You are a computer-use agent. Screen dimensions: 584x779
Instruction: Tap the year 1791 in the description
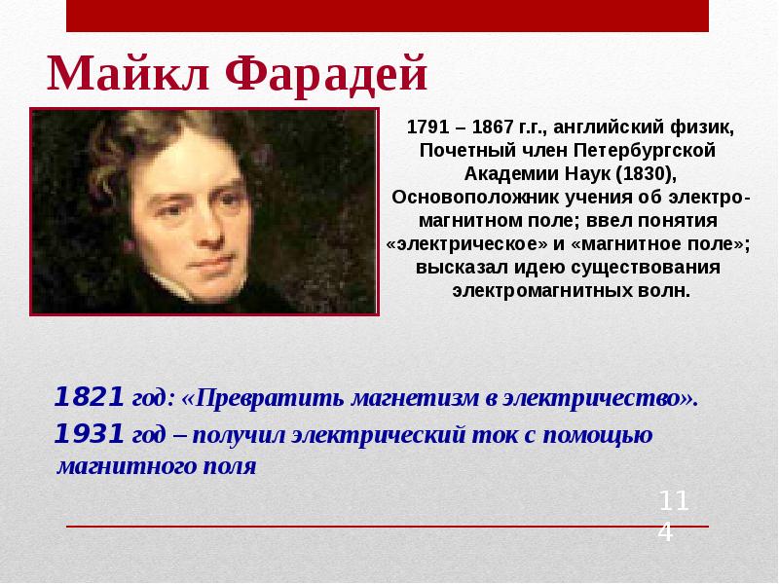(425, 128)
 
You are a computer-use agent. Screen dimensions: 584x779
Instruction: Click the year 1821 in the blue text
(89, 397)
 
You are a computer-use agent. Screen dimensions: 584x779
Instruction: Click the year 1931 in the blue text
(89, 432)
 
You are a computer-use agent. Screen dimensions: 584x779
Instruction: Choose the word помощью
(605, 434)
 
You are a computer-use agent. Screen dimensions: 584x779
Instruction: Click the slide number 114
(673, 516)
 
